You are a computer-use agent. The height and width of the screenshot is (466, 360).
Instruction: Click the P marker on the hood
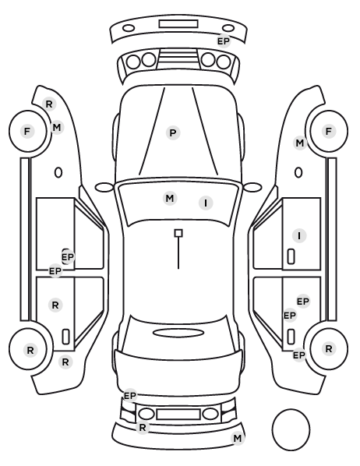[x=173, y=132]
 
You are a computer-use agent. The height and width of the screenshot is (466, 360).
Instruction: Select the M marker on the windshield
[x=170, y=198]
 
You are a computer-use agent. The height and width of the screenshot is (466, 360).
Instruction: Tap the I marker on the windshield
[x=206, y=203]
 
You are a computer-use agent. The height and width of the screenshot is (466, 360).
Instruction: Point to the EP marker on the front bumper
[x=224, y=41]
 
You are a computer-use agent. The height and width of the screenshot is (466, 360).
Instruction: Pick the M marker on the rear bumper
[x=237, y=439]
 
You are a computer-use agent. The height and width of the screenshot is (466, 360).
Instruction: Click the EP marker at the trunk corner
[x=130, y=396]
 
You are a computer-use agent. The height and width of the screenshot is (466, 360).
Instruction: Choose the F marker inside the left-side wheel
[x=27, y=131]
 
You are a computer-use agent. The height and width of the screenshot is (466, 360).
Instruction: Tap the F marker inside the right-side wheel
[x=329, y=131]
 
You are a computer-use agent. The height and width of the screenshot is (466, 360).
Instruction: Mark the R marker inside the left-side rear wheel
[x=30, y=351]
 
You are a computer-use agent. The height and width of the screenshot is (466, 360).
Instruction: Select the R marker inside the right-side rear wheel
[x=329, y=348]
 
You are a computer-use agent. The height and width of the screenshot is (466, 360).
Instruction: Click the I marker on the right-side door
[x=299, y=235]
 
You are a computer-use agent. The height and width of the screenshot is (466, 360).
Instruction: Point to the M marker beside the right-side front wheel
[x=300, y=143]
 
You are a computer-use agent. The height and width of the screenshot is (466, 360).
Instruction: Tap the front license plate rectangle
[x=178, y=24]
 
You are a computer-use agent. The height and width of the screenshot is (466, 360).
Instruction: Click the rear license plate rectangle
[x=178, y=414]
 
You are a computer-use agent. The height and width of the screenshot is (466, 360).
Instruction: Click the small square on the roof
[x=178, y=233]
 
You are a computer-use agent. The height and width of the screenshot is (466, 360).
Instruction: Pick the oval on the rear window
[x=178, y=333]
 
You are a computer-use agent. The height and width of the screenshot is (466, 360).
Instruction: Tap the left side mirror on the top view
[x=104, y=188]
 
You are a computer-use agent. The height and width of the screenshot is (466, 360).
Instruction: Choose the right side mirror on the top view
[x=252, y=187]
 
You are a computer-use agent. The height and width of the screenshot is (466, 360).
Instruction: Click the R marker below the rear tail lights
[x=143, y=428]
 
